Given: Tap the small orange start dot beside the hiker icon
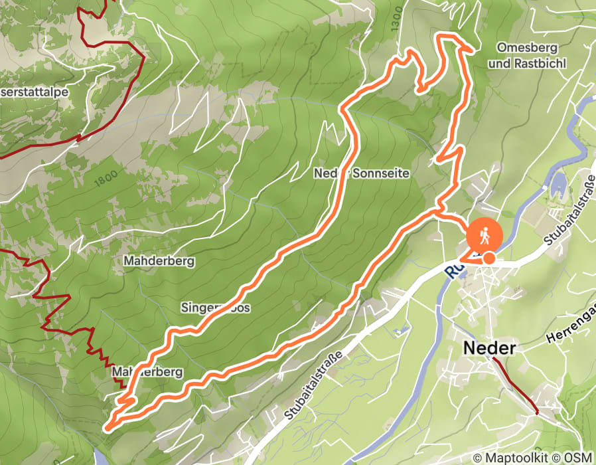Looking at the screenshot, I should coord(489,258).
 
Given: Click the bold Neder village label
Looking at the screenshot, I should coord(489,348).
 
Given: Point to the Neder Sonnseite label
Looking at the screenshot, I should coord(362,173).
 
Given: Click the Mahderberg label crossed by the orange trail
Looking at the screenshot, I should coord(147,372).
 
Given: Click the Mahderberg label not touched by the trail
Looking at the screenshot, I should coord(159,261).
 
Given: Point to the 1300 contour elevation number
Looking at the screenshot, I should coord(397,21).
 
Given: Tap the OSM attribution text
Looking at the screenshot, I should coord(578,457).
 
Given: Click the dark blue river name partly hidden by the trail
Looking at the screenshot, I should coord(453,271).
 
